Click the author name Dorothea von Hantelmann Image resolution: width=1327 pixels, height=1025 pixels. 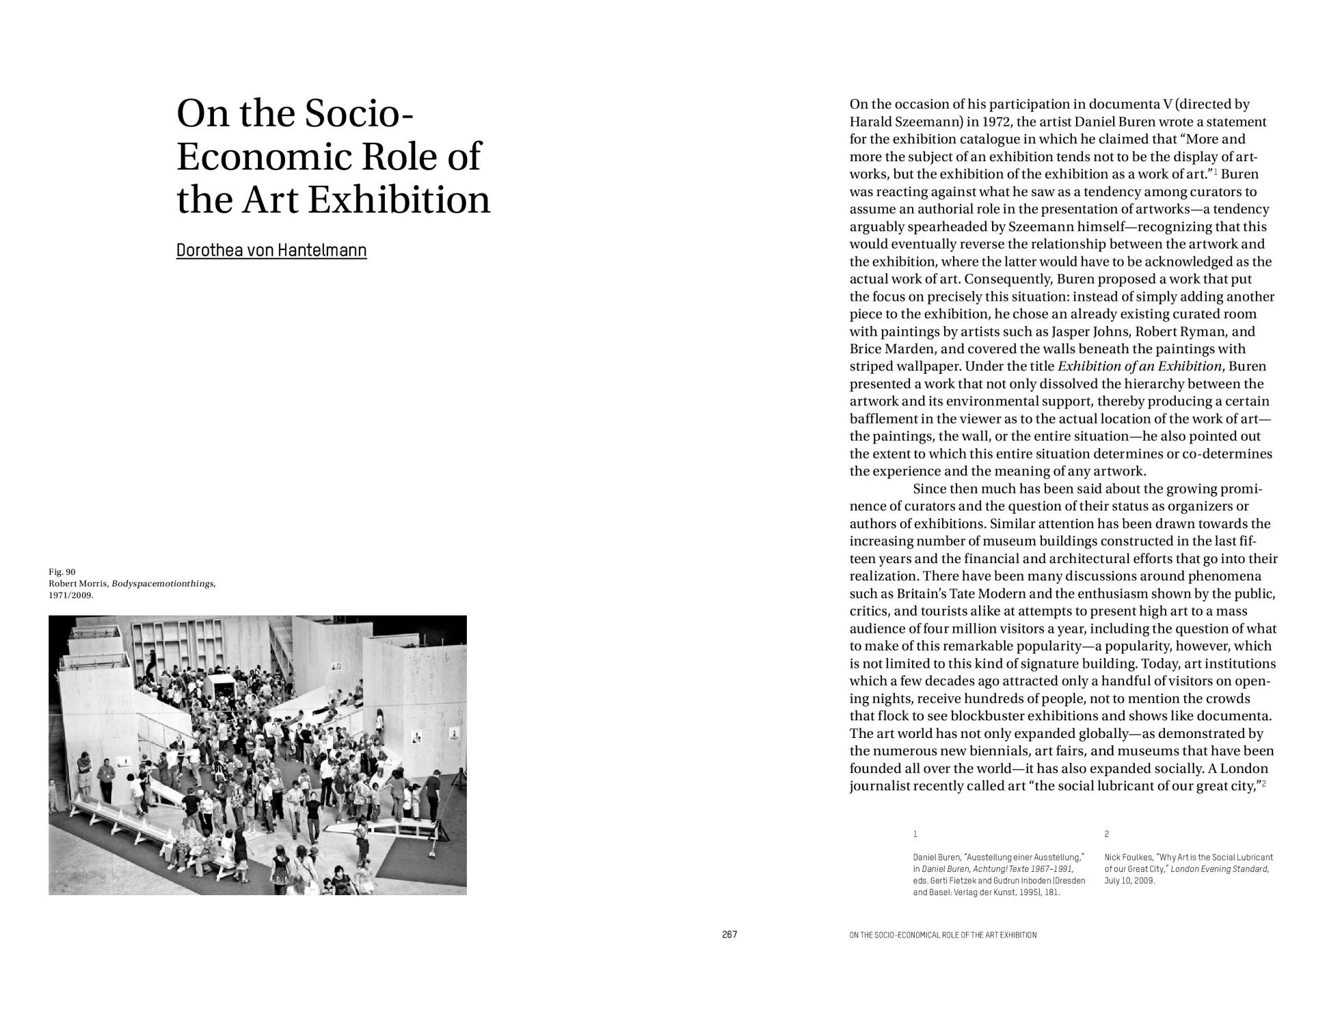coord(271,251)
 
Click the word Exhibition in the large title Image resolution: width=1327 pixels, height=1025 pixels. coord(399,200)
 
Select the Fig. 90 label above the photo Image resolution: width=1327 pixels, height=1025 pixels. coord(62,572)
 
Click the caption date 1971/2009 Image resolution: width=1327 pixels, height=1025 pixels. coord(70,595)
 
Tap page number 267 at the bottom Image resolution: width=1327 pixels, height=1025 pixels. coord(729,935)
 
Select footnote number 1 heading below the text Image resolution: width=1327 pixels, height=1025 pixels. coord(915,834)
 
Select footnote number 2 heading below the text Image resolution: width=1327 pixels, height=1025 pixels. coord(1107,834)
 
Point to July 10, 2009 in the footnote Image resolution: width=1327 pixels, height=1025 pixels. coord(1129,881)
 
